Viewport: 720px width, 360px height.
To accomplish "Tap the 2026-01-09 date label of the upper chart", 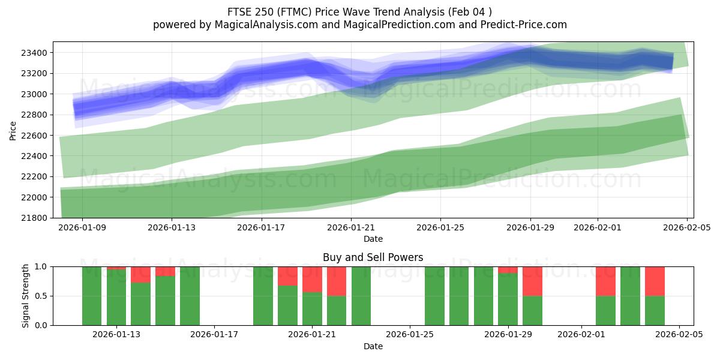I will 82,227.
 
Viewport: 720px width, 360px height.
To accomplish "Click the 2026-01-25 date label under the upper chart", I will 440,227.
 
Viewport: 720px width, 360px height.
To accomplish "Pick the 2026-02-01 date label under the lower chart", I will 581,335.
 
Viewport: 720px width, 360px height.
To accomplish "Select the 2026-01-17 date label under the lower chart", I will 214,335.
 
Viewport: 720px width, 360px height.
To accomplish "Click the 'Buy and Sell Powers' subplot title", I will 373,257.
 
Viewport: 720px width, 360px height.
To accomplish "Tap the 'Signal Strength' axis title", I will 25,296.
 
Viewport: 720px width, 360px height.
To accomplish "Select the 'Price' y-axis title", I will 13,130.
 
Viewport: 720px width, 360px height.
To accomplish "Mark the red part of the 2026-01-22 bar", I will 337,281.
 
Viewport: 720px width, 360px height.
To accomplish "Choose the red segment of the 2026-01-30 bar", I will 532,281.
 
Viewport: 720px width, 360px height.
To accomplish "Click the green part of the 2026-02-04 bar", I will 655,311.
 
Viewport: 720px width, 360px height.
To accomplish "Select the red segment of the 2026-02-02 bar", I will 605,281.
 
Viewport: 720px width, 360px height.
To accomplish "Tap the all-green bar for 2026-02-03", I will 630,296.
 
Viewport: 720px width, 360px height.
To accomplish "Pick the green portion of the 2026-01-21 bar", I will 312,308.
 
